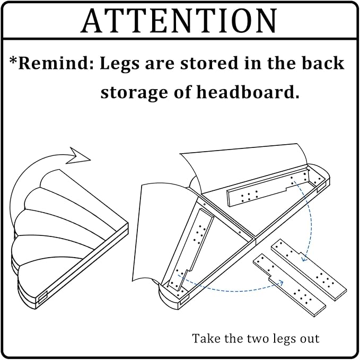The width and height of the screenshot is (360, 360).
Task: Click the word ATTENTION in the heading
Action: coord(179,21)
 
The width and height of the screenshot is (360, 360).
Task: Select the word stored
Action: coord(209,63)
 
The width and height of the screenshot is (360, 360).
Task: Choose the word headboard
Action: coord(248,92)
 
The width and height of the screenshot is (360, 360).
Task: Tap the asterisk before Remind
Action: coord(13,60)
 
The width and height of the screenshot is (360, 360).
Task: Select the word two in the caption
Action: coord(259,339)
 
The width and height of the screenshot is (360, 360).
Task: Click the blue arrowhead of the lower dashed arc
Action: coord(280,283)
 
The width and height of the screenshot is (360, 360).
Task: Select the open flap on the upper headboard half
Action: coord(243,168)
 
